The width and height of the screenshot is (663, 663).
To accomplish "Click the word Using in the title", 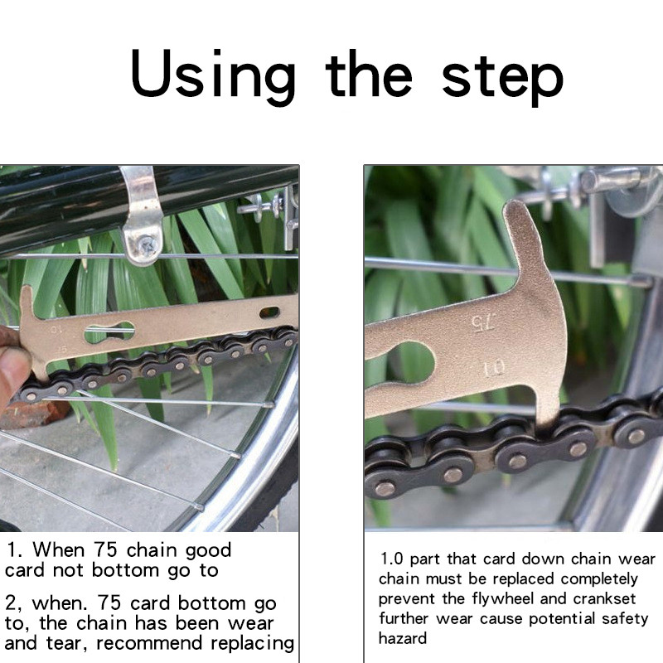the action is click(x=213, y=77).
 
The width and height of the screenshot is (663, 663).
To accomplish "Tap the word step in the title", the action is click(x=503, y=80).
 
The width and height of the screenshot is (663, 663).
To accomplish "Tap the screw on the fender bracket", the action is click(x=147, y=245).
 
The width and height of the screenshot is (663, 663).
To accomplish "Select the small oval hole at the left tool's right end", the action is click(x=269, y=313).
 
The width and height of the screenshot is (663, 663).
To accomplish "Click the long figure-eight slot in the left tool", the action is click(x=109, y=332).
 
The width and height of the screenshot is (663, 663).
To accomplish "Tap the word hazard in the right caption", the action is click(x=403, y=638).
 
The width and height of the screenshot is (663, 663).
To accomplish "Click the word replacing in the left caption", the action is click(x=253, y=644).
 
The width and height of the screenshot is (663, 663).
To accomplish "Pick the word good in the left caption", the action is click(x=209, y=551).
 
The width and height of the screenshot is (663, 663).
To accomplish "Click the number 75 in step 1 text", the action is click(x=105, y=549).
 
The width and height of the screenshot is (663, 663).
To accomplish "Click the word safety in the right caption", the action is click(x=625, y=619).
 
